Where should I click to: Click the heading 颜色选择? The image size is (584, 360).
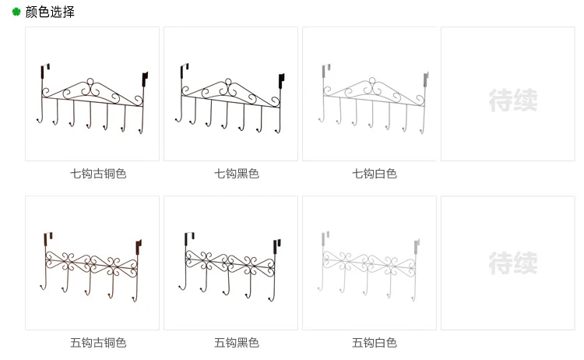50,12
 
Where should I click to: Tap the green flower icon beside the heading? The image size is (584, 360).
16,12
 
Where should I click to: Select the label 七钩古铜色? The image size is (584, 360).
98,174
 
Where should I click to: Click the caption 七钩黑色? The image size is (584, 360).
237,174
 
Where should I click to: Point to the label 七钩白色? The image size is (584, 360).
375,174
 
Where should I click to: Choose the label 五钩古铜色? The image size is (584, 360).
98,343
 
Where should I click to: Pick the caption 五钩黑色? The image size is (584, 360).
237,343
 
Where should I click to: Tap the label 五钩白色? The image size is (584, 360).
375,343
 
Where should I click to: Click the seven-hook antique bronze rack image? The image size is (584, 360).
92,97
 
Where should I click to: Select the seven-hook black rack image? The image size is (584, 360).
230,97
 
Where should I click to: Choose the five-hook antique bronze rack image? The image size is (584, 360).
92,265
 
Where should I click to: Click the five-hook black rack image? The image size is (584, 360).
230,265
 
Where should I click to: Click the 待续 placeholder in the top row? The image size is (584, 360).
512,100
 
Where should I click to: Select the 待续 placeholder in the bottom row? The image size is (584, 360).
512,263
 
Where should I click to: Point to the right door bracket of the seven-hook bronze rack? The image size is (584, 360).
144,79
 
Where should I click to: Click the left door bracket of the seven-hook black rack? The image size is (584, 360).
184,72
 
